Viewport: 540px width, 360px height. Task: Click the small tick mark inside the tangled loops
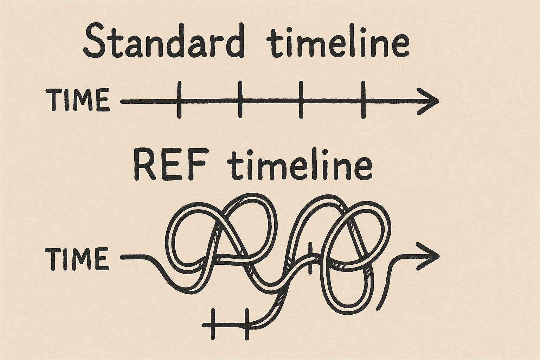[310, 258]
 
